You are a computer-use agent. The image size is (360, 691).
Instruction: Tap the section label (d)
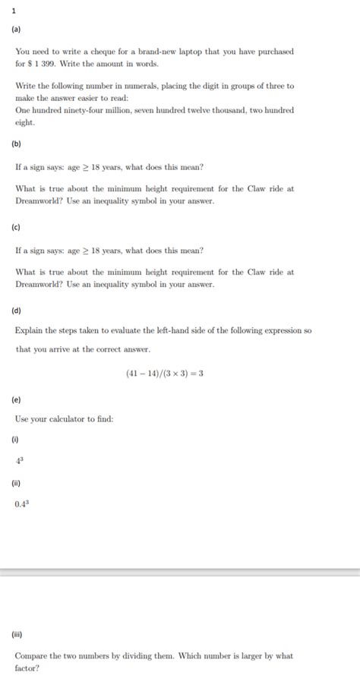click(x=16, y=311)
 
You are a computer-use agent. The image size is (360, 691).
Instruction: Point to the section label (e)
click(x=16, y=399)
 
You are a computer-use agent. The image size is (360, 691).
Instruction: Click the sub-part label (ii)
click(x=16, y=482)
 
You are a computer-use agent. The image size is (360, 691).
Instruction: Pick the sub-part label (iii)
click(x=17, y=634)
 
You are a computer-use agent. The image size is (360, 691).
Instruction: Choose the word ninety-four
click(x=81, y=111)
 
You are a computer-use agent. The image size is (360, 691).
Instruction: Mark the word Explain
click(x=29, y=331)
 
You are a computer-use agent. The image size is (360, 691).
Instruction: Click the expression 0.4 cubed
click(x=22, y=503)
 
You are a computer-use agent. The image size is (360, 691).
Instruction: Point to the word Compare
click(x=31, y=655)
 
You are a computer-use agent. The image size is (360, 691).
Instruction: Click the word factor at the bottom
click(x=27, y=668)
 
